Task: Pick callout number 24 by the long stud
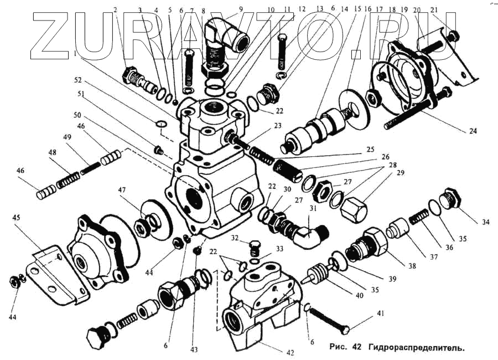pyautogui.click(x=472, y=131)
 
